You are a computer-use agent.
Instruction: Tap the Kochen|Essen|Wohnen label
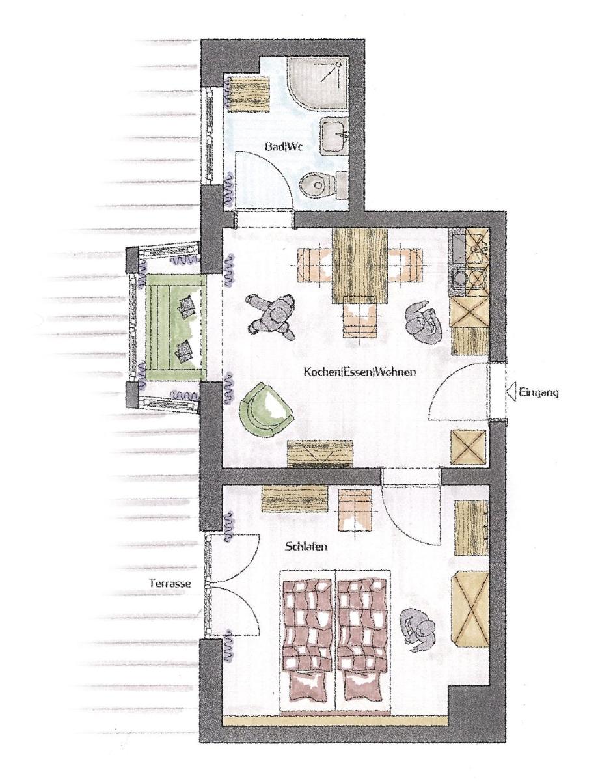point(360,371)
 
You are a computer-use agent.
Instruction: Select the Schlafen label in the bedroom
point(306,547)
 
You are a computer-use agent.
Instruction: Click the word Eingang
point(539,392)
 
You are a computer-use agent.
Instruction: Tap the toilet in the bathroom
point(323,185)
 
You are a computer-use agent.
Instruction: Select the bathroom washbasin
point(334,136)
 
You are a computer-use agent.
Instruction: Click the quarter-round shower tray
point(317,83)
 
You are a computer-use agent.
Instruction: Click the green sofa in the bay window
point(176,327)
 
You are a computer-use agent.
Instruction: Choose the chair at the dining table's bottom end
point(360,317)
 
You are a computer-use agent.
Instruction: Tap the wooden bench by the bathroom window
point(250,94)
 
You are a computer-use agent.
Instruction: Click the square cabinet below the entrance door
point(469,446)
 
